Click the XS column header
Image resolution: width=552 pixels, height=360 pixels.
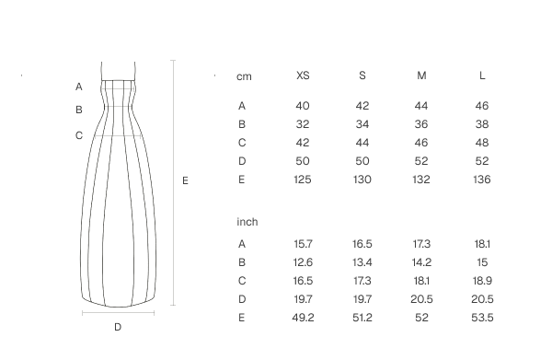point(303,75)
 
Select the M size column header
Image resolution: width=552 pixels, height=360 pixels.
point(421,75)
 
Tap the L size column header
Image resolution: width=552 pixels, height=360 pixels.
point(482,75)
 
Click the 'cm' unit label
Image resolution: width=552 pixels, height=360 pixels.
point(244,76)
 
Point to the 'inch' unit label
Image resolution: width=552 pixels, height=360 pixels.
point(247,222)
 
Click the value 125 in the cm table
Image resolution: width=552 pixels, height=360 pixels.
point(303,180)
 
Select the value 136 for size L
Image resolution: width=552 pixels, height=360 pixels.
point(482,180)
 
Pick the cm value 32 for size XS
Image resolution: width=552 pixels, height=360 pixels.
point(303,124)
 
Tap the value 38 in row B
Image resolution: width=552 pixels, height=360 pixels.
point(482,124)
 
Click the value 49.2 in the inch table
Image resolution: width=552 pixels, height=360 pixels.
point(303,318)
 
